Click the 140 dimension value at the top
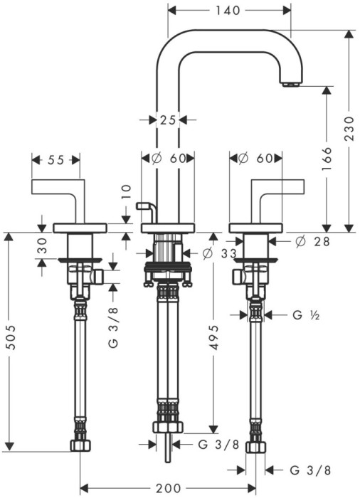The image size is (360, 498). coord(228,11)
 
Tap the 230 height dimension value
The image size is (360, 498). coord(349,129)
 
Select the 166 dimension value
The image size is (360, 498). coord(327,159)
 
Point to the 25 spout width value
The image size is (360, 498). coord(167,120)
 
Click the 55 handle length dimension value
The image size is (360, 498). coord(56,160)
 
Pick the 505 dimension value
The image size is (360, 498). coord(11,337)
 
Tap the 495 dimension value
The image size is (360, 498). coord(215,337)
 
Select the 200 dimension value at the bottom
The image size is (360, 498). coord(169,488)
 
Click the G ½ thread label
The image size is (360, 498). coord(306,315)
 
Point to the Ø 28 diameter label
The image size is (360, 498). coord(312,242)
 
